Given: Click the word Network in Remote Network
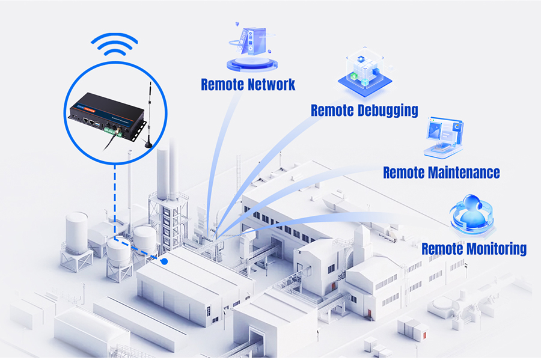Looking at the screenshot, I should click(x=271, y=84).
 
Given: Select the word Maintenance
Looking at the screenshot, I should click(x=465, y=172).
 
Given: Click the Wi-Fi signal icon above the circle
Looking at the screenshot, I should click(x=114, y=46).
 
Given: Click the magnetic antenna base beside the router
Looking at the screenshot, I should click(x=147, y=142).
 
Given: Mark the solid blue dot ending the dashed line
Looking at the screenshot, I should click(x=165, y=261).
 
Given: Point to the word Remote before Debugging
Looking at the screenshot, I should click(x=332, y=111).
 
